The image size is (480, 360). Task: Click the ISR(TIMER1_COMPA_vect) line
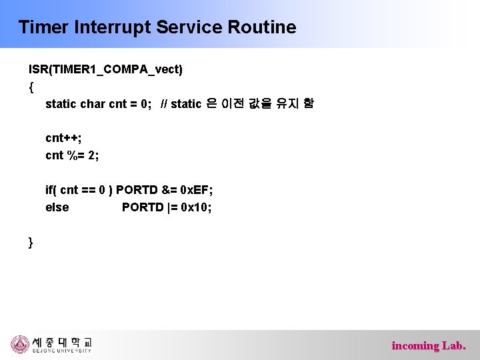(x=105, y=69)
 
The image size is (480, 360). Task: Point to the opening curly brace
(x=31, y=86)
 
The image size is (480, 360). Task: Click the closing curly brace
(x=31, y=242)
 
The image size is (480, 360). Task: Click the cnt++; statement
(x=63, y=138)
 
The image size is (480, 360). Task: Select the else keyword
(x=57, y=207)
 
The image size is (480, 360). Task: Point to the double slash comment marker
(x=164, y=103)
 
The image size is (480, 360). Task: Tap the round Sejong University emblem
(x=20, y=344)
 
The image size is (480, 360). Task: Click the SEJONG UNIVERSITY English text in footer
(x=61, y=351)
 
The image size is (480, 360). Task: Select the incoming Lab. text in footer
(x=429, y=345)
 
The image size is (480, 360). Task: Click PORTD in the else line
(x=142, y=207)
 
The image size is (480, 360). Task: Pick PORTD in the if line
(x=137, y=190)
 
